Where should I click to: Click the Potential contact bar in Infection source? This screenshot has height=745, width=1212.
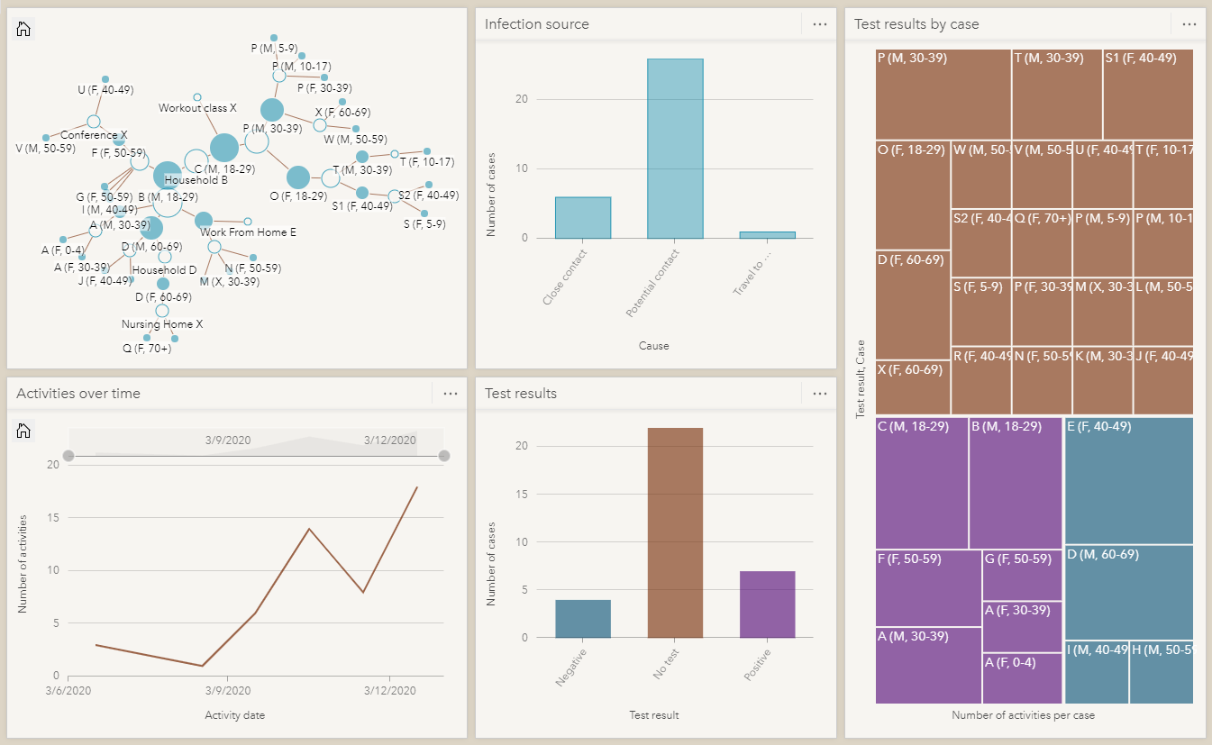tap(675, 149)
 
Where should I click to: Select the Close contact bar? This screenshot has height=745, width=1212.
tap(582, 217)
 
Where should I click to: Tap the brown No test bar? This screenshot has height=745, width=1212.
tap(675, 532)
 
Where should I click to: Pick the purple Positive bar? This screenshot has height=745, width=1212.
tap(767, 604)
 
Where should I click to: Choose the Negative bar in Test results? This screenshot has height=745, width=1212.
tap(582, 618)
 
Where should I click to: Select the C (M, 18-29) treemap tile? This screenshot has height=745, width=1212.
tap(921, 483)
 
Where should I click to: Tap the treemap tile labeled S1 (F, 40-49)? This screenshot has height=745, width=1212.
tap(1148, 94)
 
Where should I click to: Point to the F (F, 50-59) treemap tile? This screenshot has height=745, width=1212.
tap(928, 587)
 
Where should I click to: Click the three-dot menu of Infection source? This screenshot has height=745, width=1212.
tap(819, 24)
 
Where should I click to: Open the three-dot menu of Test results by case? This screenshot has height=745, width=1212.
tap(1189, 24)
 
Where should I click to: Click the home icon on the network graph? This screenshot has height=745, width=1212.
tap(24, 29)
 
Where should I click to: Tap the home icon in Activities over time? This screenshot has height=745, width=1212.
tap(24, 431)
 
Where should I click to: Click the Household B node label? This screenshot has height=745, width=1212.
tap(196, 180)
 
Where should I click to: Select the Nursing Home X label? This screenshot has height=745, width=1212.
tap(162, 324)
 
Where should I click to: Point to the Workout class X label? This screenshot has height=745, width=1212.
tap(197, 108)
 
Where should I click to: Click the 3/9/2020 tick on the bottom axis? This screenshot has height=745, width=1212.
tap(227, 691)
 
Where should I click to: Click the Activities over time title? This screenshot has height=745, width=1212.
tap(77, 394)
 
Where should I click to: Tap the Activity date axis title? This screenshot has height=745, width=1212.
tap(234, 715)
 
